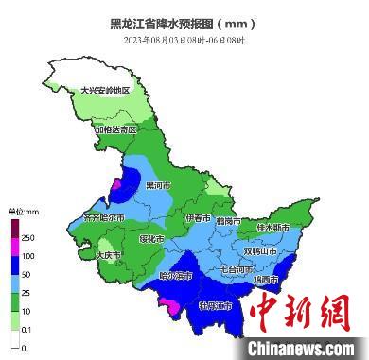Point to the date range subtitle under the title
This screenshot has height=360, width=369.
pyautogui.click(x=184, y=41)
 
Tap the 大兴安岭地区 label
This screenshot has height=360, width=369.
pyautogui.click(x=117, y=91)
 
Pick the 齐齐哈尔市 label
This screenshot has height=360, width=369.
pyautogui.click(x=104, y=217)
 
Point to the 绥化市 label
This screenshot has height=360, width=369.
pyautogui.click(x=151, y=239)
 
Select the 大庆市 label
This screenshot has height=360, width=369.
pyautogui.click(x=110, y=254)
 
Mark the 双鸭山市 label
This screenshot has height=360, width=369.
pyautogui.click(x=260, y=251)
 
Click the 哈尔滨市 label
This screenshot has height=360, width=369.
pyautogui.click(x=175, y=276)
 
